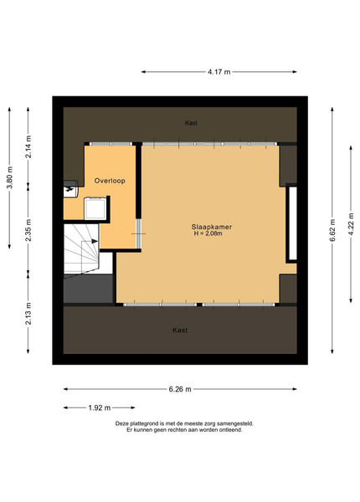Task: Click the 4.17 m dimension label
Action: pos(219,72)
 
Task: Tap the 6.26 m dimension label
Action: pos(180,389)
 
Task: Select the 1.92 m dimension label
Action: pos(100,408)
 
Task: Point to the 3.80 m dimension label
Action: pos(9,177)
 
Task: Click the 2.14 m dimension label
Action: pos(28,146)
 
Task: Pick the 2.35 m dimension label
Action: pos(28,230)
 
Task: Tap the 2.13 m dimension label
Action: pos(28,314)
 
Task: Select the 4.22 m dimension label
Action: pos(351,224)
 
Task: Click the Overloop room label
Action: pos(110,181)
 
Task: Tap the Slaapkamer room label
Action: pos(212,227)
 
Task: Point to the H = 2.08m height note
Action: pos(208,233)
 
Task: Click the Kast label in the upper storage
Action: pos(191,123)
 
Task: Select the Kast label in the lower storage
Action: pos(180,330)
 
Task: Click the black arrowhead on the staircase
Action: pos(95,241)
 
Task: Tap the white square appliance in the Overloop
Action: pos(95,208)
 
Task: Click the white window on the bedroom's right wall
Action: pos(293,223)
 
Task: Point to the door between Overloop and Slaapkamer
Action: pos(139,233)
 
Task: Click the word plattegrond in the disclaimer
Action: pos(139,423)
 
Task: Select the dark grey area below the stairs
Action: pos(89,289)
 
